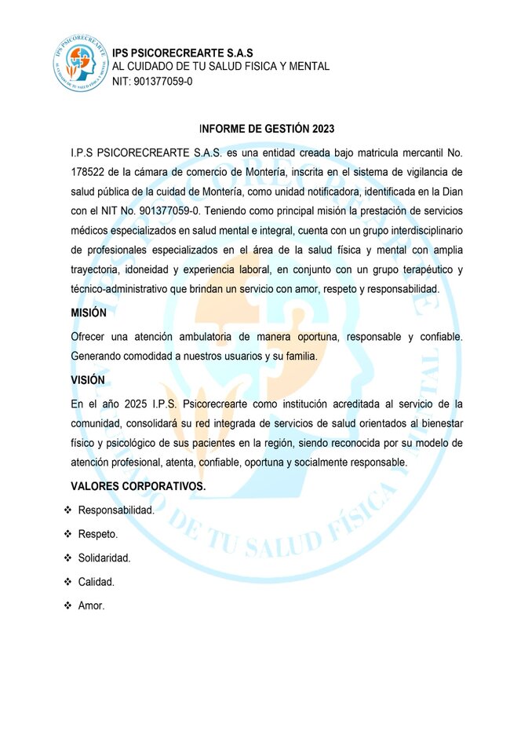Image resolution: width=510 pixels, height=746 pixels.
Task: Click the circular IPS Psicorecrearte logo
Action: [82, 62]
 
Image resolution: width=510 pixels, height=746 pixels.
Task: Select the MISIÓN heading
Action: [88, 313]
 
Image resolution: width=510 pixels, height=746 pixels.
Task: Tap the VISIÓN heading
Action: [87, 379]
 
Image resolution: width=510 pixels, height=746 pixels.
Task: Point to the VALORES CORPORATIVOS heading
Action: [138, 487]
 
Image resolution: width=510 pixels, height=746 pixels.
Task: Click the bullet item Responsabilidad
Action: [116, 510]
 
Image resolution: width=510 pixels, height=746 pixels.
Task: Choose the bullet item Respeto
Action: [98, 535]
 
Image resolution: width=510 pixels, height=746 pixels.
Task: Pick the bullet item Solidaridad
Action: [104, 558]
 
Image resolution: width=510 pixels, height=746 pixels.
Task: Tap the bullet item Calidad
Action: [97, 583]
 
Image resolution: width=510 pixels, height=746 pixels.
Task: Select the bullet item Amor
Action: [91, 606]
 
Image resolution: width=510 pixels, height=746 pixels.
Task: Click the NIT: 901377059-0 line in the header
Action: [152, 82]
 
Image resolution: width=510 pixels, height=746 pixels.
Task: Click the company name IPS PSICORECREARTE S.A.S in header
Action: [183, 52]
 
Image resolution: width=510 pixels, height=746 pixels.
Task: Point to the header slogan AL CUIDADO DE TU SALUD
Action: [220, 67]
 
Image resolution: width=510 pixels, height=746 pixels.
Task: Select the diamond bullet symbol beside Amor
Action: [67, 606]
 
